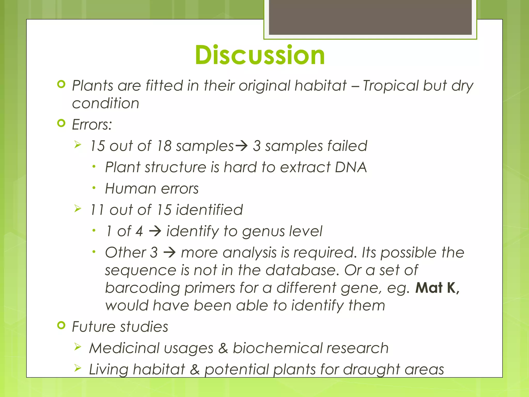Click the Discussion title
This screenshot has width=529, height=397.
pos(260,55)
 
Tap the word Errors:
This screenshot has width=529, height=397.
pos(92,125)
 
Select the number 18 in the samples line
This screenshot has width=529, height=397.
pos(164,146)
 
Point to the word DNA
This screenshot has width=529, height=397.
pos(351,167)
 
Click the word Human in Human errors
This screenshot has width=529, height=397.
pos(130,188)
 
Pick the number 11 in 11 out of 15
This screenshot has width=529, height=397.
pos(97,210)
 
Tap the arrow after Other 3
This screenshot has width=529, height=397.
pos(169,253)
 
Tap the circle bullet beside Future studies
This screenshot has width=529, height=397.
pos(61,325)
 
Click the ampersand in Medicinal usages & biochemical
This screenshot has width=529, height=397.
pos(223,348)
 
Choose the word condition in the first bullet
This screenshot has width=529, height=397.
pos(105,103)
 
